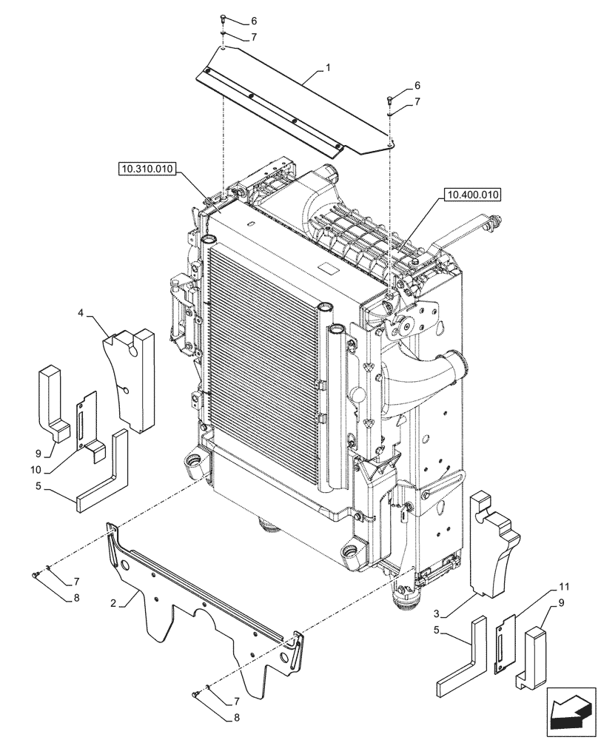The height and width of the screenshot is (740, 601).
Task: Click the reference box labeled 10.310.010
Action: [145, 169]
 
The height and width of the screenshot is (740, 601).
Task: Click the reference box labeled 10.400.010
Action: [472, 195]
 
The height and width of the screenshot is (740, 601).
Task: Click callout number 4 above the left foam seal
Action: [80, 313]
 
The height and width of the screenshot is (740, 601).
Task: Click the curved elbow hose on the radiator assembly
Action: [422, 370]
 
